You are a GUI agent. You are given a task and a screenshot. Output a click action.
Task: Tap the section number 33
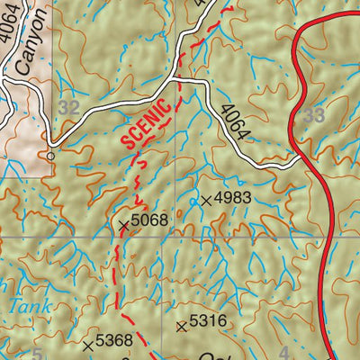coord(314,114)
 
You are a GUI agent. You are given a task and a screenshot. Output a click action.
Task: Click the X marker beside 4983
coord(207,199)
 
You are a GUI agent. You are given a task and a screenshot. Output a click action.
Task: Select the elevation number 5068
coord(149,220)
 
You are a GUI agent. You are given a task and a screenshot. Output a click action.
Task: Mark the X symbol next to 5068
coord(123,221)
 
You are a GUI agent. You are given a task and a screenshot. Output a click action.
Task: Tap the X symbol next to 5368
coord(87,343)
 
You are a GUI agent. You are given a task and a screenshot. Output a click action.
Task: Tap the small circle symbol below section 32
coord(51,155)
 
